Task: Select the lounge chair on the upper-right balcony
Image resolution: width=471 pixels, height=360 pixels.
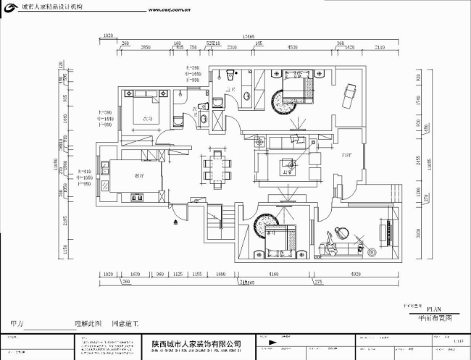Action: click(351, 93)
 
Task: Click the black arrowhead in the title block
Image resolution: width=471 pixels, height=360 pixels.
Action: click(268, 338)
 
